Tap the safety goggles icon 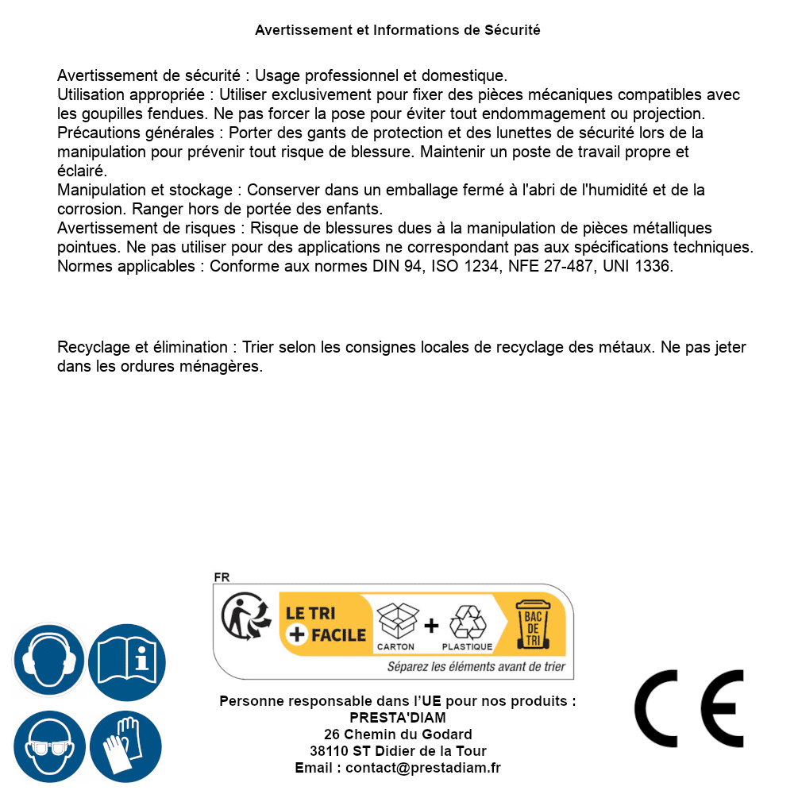point(49,746)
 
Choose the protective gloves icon point(127,746)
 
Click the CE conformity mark point(689,708)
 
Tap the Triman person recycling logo point(241,618)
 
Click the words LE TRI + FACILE point(326,624)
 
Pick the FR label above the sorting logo point(222,577)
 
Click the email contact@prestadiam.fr point(423,768)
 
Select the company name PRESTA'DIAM point(398,718)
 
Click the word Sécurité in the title point(512,30)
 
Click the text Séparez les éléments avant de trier point(476,667)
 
